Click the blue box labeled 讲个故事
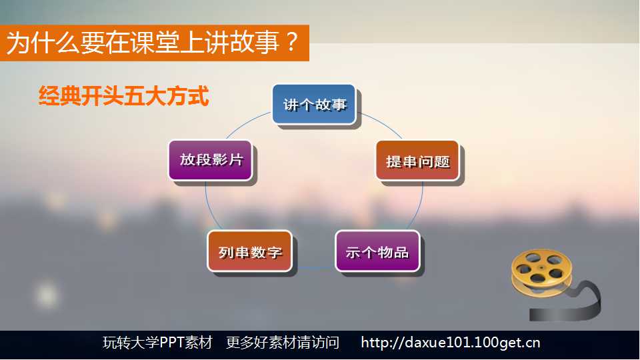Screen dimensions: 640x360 click(x=314, y=105)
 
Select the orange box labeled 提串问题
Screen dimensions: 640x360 click(x=417, y=161)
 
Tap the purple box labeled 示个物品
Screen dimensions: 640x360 click(x=377, y=251)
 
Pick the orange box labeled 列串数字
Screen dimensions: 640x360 click(x=250, y=251)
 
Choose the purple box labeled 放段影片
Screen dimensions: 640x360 click(x=210, y=160)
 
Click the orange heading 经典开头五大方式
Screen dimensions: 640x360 click(x=124, y=96)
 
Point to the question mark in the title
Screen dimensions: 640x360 click(x=291, y=42)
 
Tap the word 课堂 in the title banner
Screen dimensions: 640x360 click(x=155, y=43)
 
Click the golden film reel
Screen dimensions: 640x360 click(x=541, y=271)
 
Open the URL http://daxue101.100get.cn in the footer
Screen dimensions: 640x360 click(x=450, y=343)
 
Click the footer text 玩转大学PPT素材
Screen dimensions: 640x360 click(x=157, y=343)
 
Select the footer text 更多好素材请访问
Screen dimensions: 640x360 click(x=283, y=343)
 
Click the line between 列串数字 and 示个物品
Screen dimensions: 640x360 click(x=313, y=268)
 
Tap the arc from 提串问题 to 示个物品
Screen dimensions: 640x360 click(x=419, y=206)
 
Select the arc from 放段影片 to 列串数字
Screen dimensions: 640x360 click(x=209, y=206)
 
